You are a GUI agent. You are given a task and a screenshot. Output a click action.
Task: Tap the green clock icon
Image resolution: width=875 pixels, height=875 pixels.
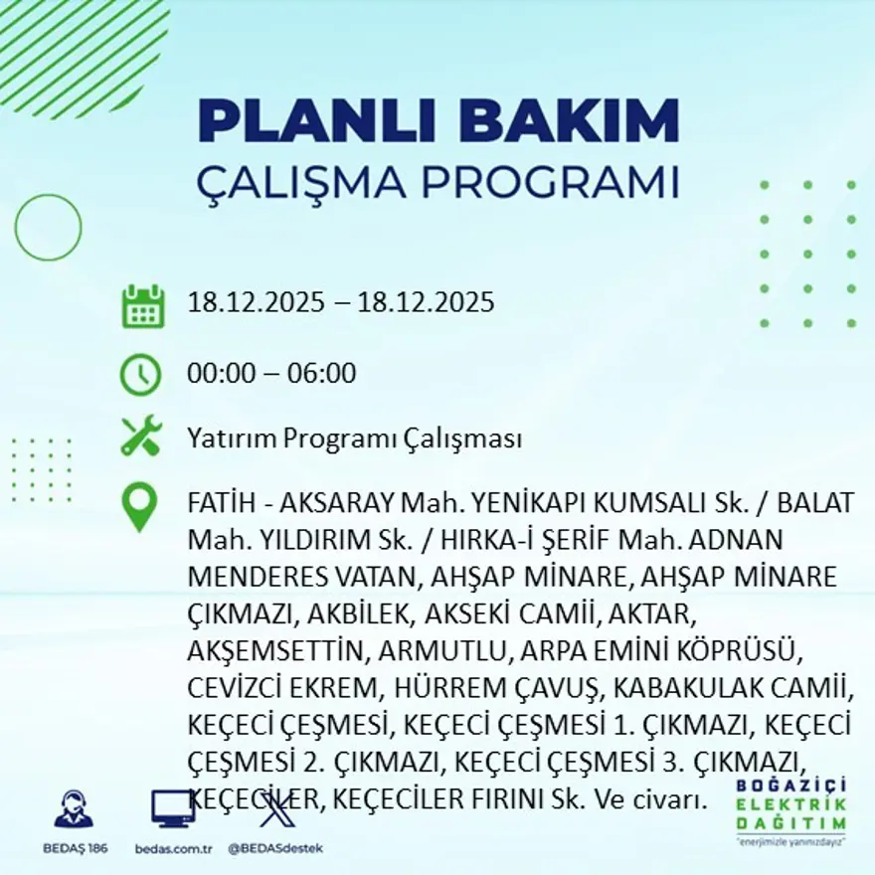[140, 374]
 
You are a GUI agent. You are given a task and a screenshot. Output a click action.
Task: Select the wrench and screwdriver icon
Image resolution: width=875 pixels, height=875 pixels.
[140, 437]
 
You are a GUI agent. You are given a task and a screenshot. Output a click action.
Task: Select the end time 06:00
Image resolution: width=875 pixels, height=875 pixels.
[321, 374]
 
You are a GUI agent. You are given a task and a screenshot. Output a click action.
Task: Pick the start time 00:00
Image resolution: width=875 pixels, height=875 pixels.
[221, 374]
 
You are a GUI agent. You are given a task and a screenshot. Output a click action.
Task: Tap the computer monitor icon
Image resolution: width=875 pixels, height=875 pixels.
[172, 809]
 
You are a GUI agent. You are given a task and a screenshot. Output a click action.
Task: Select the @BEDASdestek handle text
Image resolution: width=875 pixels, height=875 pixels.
[274, 848]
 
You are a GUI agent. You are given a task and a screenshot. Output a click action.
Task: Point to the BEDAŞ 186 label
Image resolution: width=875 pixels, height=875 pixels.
[76, 848]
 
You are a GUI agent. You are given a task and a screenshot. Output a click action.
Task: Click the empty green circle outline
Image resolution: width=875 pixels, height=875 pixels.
[48, 228]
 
